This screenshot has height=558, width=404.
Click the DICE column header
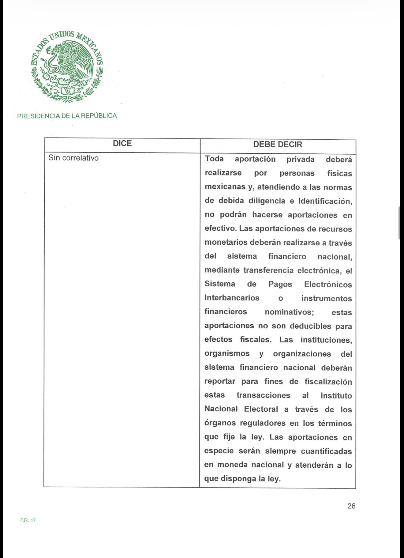(x=122, y=144)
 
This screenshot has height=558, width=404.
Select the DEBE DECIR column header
(x=278, y=145)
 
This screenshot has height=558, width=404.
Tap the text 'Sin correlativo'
(x=73, y=158)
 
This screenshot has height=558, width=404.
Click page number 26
(x=351, y=506)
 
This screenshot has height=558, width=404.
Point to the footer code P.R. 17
(x=28, y=520)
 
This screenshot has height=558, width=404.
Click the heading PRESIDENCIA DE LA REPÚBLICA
(x=67, y=116)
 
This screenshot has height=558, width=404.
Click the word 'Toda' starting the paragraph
(x=214, y=159)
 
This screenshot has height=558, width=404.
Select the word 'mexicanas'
(x=225, y=187)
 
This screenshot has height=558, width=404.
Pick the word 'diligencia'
(x=267, y=201)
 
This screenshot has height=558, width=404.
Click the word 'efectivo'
(x=220, y=229)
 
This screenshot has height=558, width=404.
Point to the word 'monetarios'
(x=226, y=243)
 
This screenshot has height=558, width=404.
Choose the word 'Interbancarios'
(x=232, y=298)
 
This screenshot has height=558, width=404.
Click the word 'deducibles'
(x=310, y=326)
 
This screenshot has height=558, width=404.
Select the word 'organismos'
(x=227, y=354)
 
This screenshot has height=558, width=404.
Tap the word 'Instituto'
(x=336, y=396)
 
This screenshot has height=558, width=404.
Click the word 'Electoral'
(x=261, y=409)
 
